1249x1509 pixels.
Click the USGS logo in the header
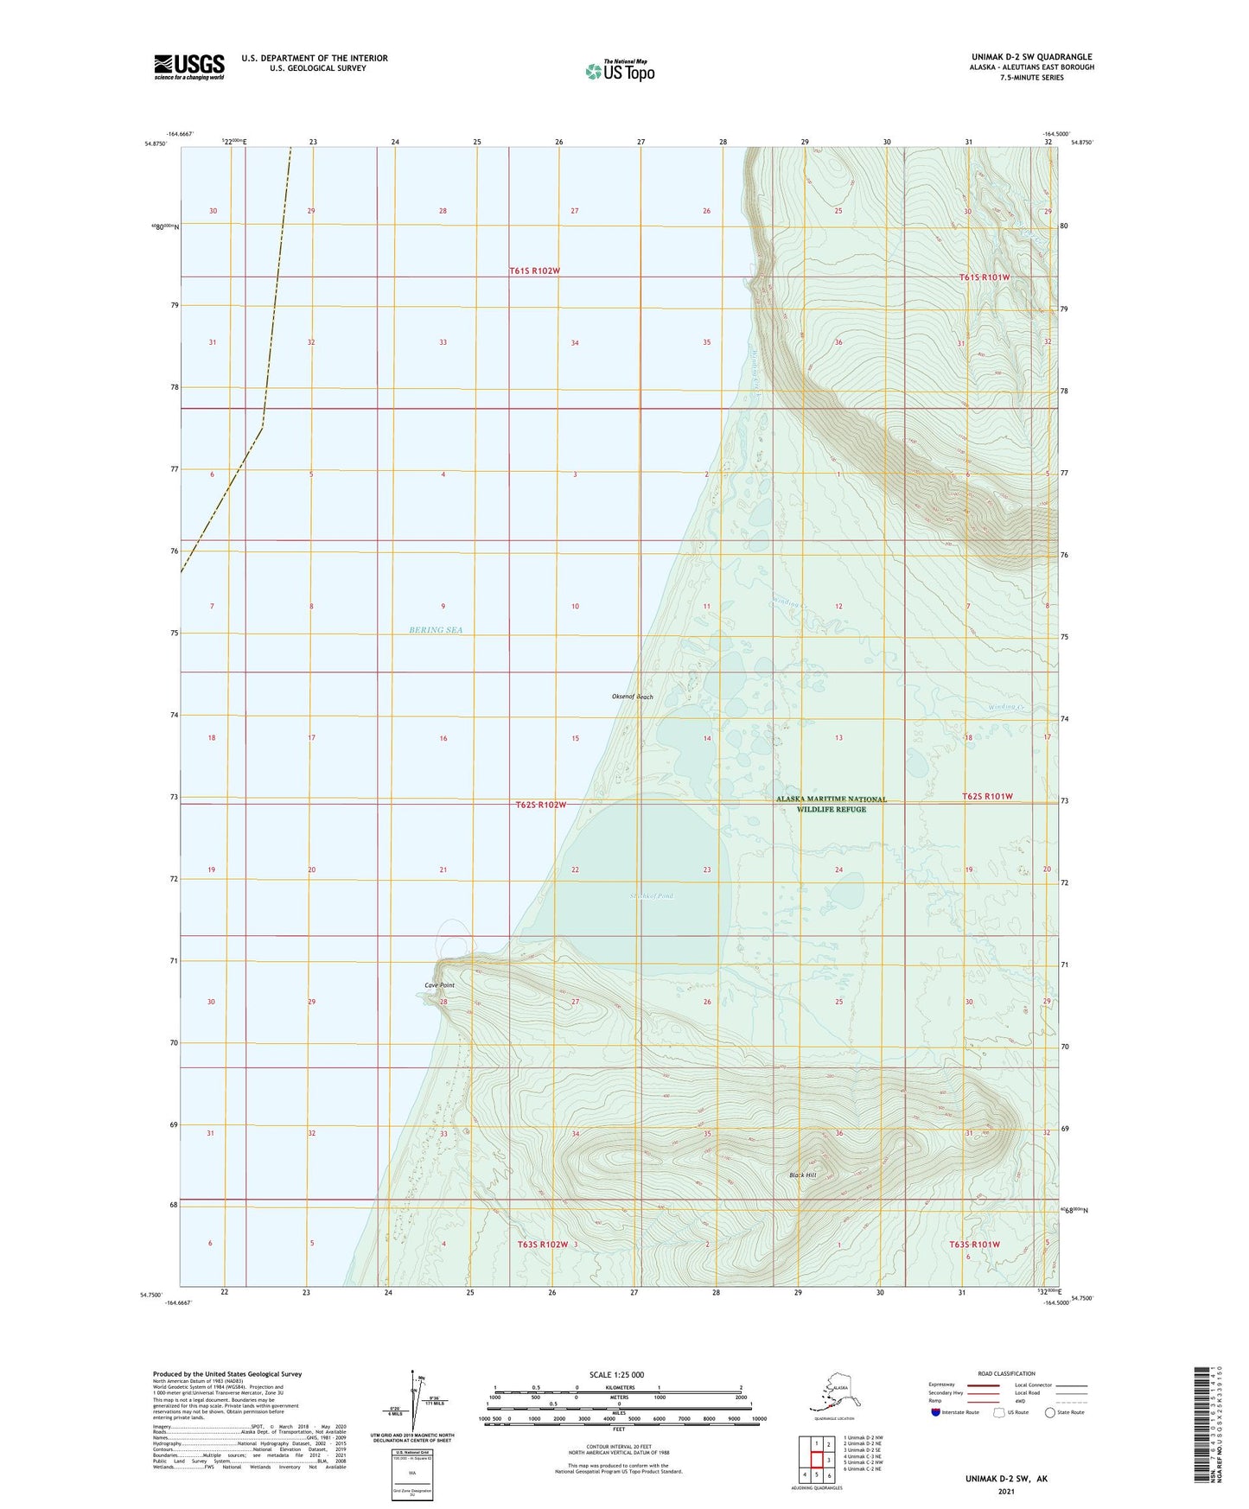pyautogui.click(x=189, y=66)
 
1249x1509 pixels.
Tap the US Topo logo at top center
pyautogui.click(x=619, y=70)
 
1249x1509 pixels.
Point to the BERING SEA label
pyautogui.click(x=436, y=630)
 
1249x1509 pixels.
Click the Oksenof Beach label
pyautogui.click(x=633, y=697)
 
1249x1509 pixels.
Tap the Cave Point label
pyautogui.click(x=439, y=985)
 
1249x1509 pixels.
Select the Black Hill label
pyautogui.click(x=802, y=1175)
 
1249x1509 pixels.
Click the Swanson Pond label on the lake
pyautogui.click(x=651, y=896)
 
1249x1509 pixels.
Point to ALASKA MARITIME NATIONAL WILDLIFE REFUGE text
pyautogui.click(x=831, y=804)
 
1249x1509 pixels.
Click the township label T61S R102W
pyautogui.click(x=534, y=271)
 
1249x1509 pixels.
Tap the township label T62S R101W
pyautogui.click(x=987, y=796)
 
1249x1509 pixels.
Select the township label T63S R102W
pyautogui.click(x=542, y=1245)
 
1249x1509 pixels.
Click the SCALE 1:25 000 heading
pyautogui.click(x=616, y=1374)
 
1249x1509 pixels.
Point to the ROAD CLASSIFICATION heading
pyautogui.click(x=1005, y=1373)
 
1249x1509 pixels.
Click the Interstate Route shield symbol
pyautogui.click(x=935, y=1412)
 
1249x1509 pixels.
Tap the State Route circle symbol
pyautogui.click(x=1049, y=1412)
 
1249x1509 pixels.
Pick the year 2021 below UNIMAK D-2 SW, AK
pyautogui.click(x=1005, y=1491)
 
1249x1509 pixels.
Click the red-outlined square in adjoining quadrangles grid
pyautogui.click(x=816, y=1459)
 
